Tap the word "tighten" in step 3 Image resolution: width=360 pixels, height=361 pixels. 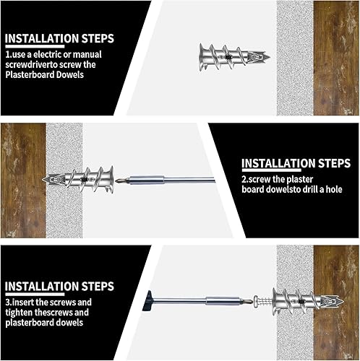(19, 313)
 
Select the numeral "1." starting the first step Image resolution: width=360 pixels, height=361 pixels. (9, 55)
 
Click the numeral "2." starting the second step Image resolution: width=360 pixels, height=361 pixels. (245, 180)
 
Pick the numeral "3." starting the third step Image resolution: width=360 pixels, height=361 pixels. (9, 303)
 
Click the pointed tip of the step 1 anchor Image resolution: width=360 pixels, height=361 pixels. (270, 57)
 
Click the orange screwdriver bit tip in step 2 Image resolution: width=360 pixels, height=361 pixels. (118, 180)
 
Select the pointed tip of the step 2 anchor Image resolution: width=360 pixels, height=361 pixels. (43, 180)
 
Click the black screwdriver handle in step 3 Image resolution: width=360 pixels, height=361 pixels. (147, 301)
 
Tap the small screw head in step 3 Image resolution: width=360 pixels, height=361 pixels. (256, 301)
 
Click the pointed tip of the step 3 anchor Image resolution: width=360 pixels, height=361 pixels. (343, 301)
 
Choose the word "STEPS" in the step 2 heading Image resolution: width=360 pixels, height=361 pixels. (334, 163)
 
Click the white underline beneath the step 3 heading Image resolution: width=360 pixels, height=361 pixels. (35, 294)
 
